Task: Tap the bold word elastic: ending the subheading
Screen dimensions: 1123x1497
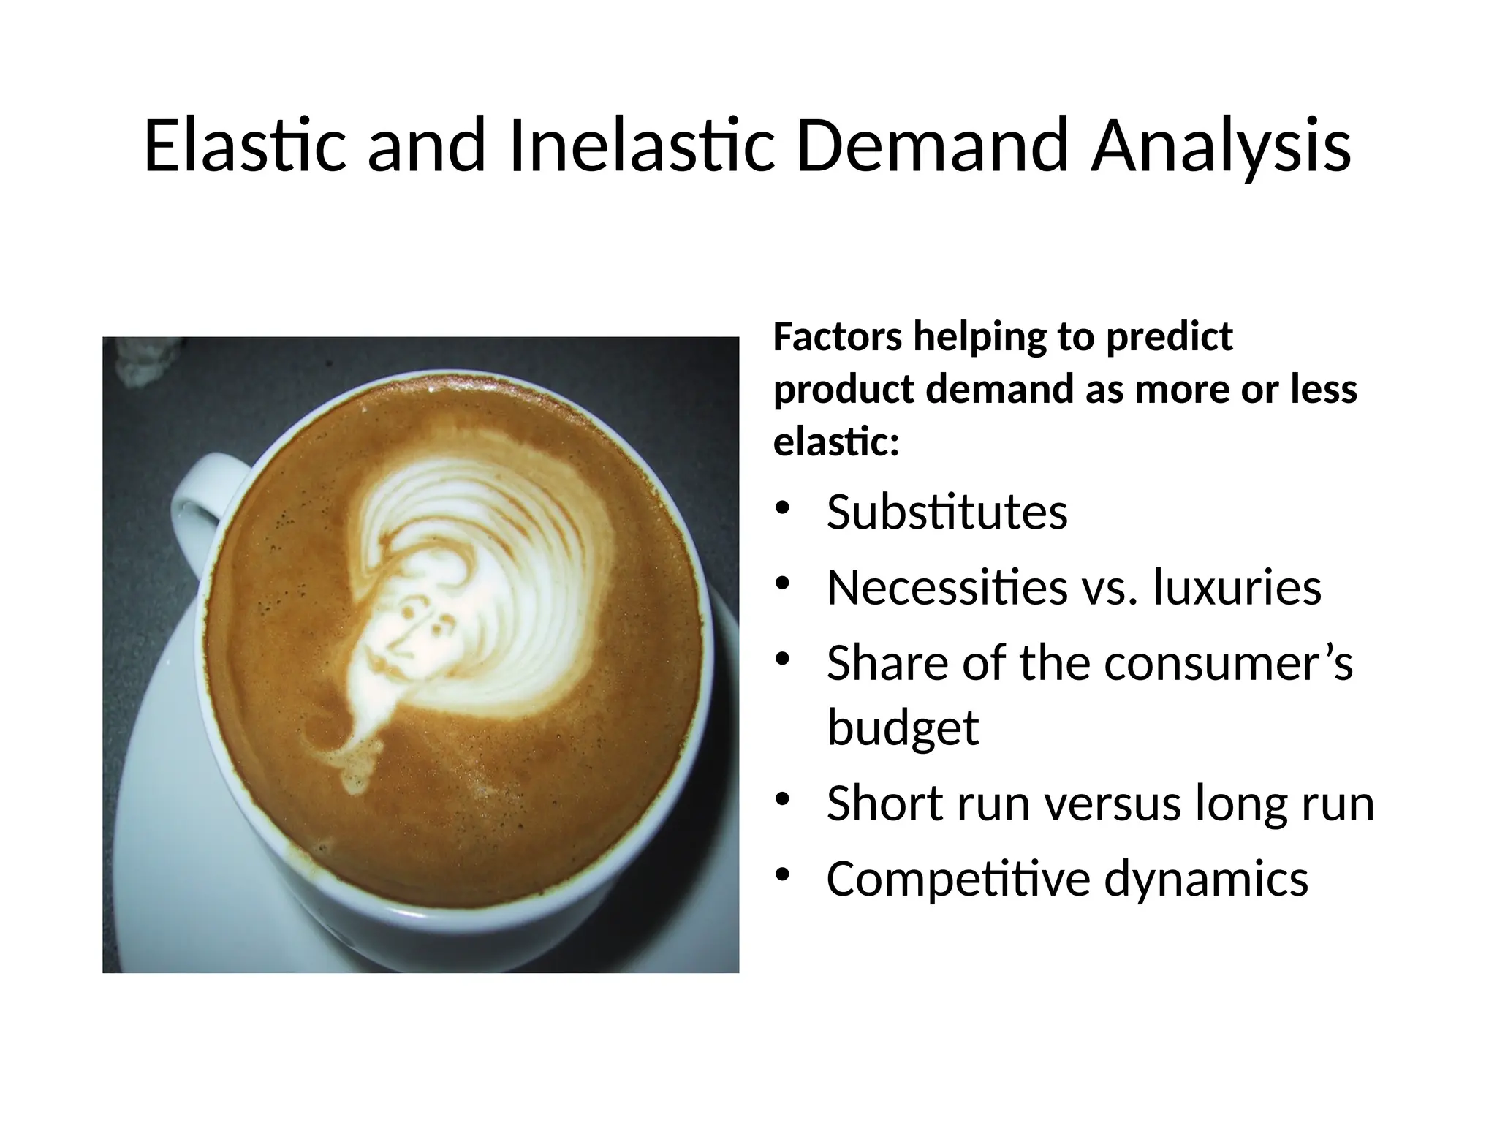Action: pos(835,442)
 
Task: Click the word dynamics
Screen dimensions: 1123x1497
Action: pos(1205,879)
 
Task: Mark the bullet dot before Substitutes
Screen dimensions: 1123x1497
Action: pos(783,509)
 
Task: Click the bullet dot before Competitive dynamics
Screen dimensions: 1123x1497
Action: pos(783,874)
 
